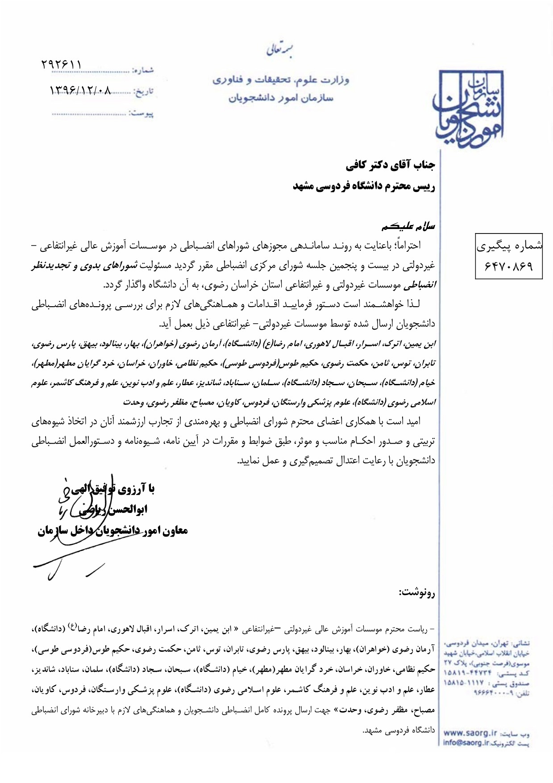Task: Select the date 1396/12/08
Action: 80,90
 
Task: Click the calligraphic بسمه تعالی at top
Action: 279,50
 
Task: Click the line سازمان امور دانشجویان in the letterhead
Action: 281,98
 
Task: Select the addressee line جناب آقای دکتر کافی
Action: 390,166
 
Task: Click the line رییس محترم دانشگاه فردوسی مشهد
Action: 364,187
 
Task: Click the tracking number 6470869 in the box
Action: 509,266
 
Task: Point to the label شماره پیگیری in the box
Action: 509,246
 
